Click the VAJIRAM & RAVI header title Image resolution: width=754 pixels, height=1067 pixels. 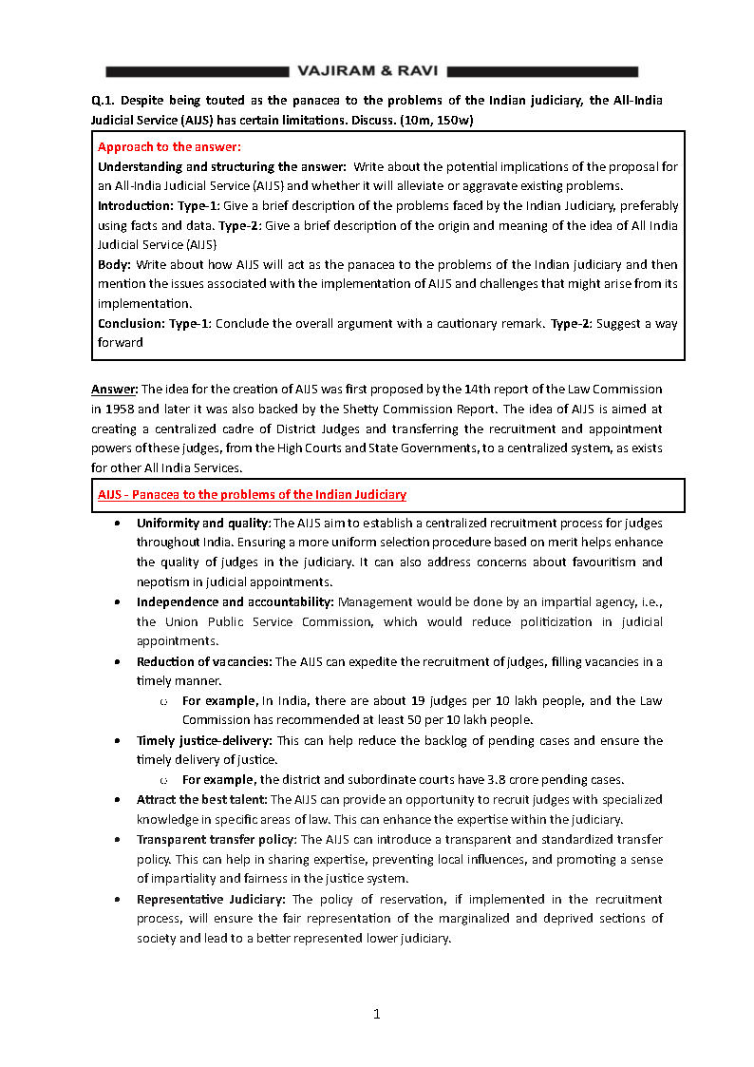[x=368, y=71]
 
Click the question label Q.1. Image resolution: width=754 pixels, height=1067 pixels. [x=103, y=100]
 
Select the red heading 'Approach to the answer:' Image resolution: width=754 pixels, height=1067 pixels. [x=169, y=146]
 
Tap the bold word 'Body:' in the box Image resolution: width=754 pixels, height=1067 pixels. [x=115, y=264]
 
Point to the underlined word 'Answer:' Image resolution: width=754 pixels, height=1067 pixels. [x=114, y=390]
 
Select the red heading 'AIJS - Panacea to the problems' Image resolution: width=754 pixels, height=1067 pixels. [x=252, y=494]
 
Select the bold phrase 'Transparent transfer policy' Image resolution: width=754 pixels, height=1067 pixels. [x=217, y=840]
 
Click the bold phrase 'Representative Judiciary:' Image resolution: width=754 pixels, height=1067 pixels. [x=212, y=899]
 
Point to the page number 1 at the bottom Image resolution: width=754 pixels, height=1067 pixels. [x=377, y=1014]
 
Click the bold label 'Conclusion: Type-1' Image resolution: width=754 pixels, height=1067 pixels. [x=155, y=323]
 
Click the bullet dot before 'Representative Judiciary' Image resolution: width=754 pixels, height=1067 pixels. [x=116, y=899]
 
